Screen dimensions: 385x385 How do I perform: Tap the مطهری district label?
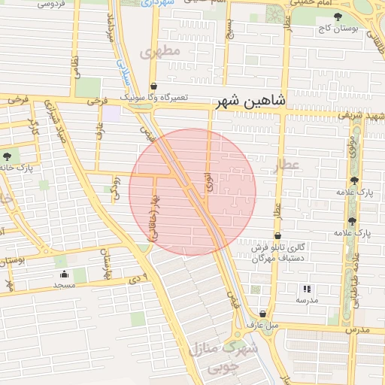pos(161,52)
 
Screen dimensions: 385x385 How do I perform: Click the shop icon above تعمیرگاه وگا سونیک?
pos(154,86)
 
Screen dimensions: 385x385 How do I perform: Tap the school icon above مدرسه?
pos(306,289)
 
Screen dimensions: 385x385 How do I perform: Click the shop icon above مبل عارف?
pos(262,314)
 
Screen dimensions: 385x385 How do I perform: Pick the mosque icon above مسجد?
pos(64,274)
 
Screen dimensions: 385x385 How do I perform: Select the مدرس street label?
pos(359,329)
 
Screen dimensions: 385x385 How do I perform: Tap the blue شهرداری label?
pos(159,4)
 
